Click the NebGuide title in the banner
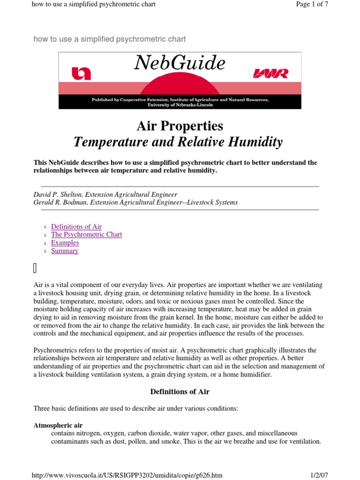[x=180, y=63]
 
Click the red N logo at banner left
[x=81, y=74]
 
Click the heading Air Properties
[x=180, y=126]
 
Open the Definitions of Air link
[x=76, y=226]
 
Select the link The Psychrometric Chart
[x=86, y=234]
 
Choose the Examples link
[x=65, y=243]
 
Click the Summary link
[x=65, y=251]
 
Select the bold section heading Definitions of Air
[x=180, y=391]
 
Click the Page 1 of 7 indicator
[x=312, y=4]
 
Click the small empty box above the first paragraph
[x=35, y=268]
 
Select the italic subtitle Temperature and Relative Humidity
[x=180, y=142]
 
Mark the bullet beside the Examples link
[x=45, y=243]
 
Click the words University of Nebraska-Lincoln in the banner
[x=180, y=105]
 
